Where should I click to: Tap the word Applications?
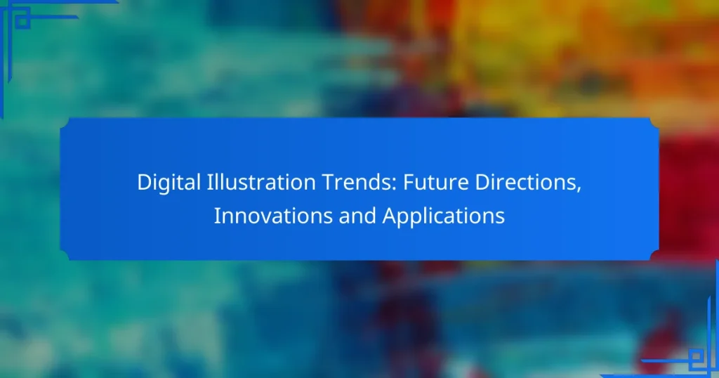coord(443,216)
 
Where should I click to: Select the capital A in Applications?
coord(388,216)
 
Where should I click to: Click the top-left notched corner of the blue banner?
coord(65,123)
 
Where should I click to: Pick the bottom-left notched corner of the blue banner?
coord(65,255)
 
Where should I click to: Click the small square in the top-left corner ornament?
coord(22,20)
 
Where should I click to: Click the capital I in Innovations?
coord(217,216)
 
